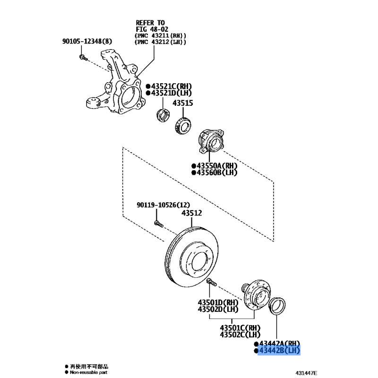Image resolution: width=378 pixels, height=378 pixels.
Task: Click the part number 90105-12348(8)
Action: coord(87,41)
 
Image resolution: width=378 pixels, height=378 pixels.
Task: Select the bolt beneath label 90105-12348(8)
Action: coord(83,58)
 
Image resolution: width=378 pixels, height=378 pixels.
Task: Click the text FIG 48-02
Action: coord(152,29)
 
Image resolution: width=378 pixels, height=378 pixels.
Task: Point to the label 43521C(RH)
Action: coord(172,86)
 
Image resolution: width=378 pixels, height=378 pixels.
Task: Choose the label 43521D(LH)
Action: coord(172,93)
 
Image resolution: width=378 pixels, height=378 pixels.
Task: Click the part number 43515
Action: coord(183,103)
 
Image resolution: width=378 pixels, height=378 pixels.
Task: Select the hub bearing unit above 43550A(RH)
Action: coord(211,141)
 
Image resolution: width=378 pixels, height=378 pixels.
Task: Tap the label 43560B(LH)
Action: coord(217,172)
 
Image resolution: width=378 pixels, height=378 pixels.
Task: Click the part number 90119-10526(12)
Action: coord(163,205)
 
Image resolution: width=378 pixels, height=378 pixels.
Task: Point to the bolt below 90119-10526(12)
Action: coord(159,224)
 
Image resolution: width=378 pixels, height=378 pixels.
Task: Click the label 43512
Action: coord(192,213)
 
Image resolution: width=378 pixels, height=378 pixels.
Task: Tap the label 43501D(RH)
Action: coord(218,302)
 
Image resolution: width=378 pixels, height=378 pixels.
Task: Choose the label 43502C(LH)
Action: coord(240,335)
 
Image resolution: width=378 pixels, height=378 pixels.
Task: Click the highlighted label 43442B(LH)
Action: coord(279,350)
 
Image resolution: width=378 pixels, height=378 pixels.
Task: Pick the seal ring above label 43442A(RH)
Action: coord(277,306)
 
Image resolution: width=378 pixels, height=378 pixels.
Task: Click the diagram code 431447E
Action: coord(306,373)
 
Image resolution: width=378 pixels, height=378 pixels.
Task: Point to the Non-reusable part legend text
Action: coord(88,372)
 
